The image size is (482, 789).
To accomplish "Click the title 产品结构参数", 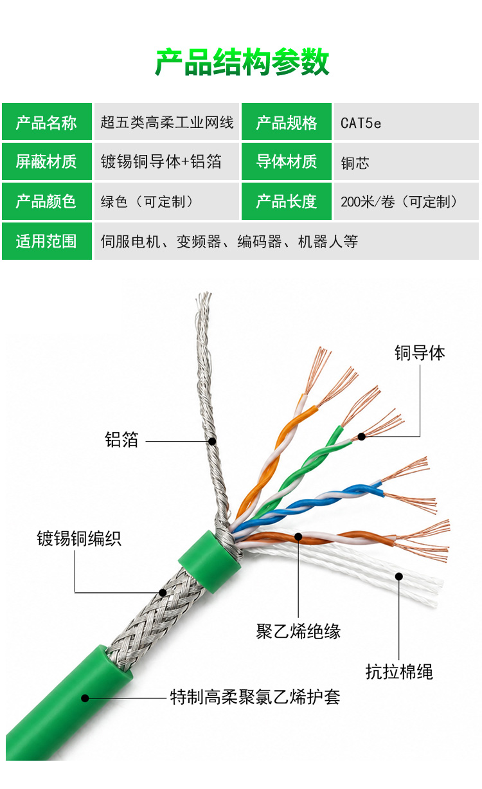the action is pos(242,62).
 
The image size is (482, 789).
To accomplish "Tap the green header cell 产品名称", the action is pos(47,122).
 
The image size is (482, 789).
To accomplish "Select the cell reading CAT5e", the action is pos(406,122).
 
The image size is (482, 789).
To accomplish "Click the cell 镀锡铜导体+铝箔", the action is pos(166,161).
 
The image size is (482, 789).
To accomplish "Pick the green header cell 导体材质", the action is pos(287,161).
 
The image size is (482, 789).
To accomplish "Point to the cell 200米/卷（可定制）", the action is pos(406,201).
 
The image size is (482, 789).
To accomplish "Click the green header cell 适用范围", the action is pos(47,241).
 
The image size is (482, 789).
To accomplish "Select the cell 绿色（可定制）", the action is pos(166,201).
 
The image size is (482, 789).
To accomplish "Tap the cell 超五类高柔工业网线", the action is pos(166,122).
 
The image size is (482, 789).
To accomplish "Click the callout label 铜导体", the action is pos(419,353).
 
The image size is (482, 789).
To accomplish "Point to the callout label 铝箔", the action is pos(121,440).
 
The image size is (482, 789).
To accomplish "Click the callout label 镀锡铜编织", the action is pos(79,539).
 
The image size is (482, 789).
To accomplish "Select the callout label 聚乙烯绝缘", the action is pos(298,631).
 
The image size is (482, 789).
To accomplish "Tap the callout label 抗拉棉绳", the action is pos(399,672).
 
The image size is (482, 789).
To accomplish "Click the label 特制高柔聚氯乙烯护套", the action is pos(255,697).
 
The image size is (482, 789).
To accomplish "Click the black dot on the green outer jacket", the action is pos(85,698).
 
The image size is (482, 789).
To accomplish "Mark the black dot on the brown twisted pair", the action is pos(299,536).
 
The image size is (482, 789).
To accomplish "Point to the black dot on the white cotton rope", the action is pos(399,576).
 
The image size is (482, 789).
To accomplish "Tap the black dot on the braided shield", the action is pos(163,592).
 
